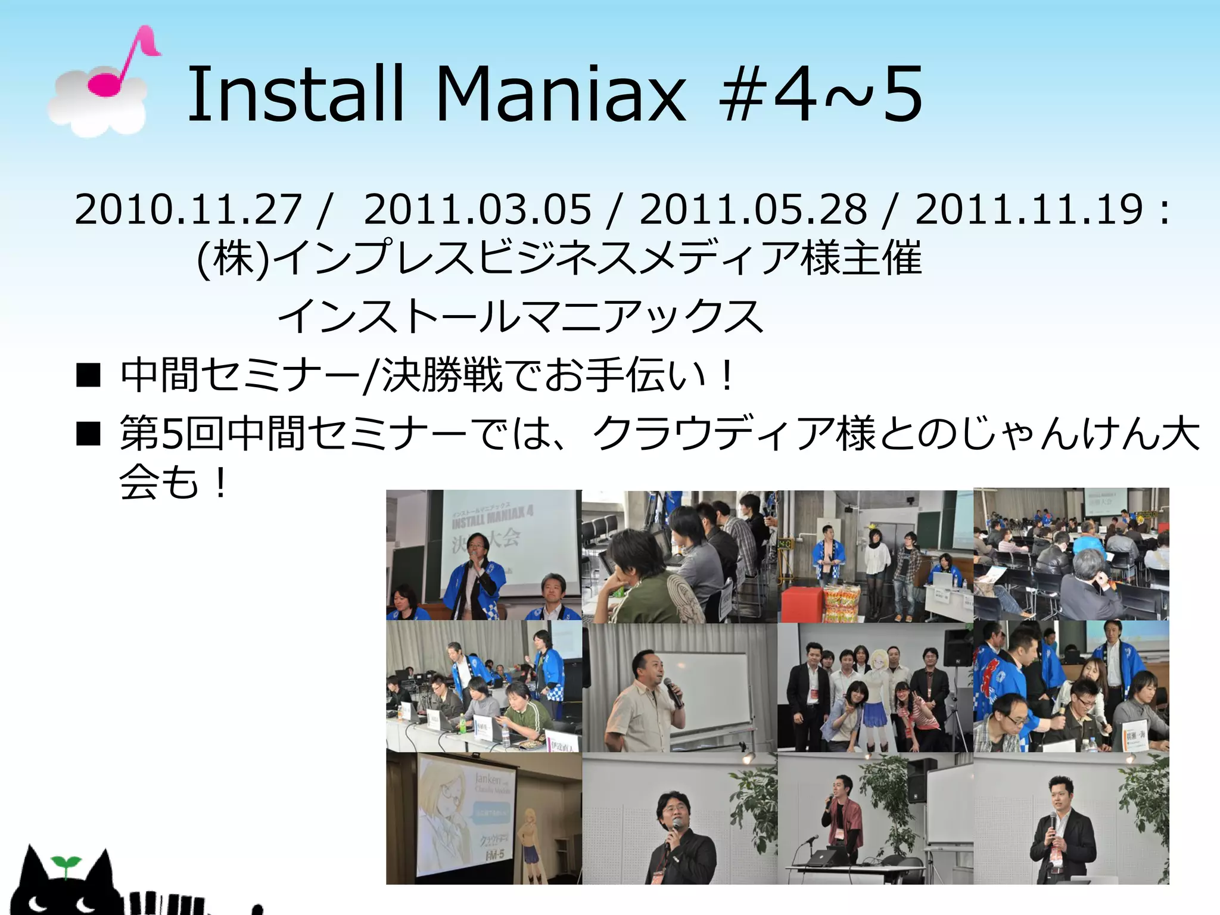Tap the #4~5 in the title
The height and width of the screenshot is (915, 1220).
(821, 95)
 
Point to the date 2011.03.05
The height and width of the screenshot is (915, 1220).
(477, 210)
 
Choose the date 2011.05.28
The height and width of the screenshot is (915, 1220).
(753, 210)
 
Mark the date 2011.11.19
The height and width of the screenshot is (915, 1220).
(1028, 210)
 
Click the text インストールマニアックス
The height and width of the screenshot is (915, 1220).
(519, 316)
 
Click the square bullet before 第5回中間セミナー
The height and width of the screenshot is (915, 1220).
(88, 434)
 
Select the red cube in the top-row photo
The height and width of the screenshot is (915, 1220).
(801, 603)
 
